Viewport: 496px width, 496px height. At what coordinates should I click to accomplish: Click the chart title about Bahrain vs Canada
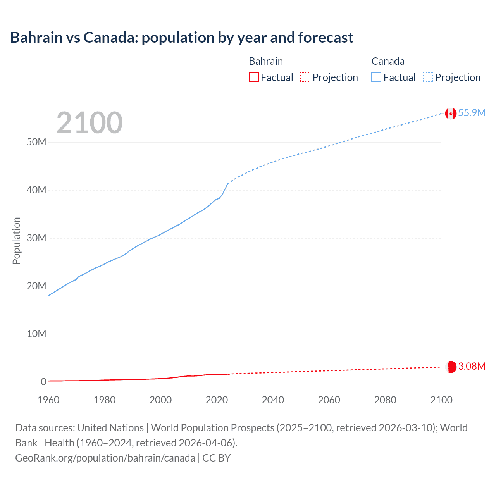pyautogui.click(x=181, y=38)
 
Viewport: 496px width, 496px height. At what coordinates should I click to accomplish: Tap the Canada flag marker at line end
pyautogui.click(x=450, y=113)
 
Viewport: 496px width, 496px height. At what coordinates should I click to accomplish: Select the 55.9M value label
pyautogui.click(x=472, y=113)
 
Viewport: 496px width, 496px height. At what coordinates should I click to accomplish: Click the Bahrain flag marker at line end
pyautogui.click(x=451, y=367)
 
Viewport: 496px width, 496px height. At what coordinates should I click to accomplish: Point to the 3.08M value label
pyautogui.click(x=472, y=366)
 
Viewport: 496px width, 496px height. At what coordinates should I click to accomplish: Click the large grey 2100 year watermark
pyautogui.click(x=90, y=123)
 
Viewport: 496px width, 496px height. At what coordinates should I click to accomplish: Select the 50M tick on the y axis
pyautogui.click(x=36, y=142)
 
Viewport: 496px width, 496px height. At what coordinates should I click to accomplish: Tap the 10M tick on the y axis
pyautogui.click(x=36, y=334)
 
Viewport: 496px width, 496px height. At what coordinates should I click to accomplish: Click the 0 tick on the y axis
pyautogui.click(x=43, y=382)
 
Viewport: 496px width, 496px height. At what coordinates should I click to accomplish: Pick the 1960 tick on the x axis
pyautogui.click(x=48, y=400)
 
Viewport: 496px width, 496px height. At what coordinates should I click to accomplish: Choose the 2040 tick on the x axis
pyautogui.click(x=273, y=400)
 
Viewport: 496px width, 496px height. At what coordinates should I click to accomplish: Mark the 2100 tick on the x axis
pyautogui.click(x=441, y=400)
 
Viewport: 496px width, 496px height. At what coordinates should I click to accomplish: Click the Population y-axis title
pyautogui.click(x=16, y=241)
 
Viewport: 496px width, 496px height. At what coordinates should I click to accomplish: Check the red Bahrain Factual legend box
pyautogui.click(x=253, y=77)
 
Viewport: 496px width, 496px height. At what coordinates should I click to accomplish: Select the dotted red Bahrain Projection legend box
pyautogui.click(x=305, y=77)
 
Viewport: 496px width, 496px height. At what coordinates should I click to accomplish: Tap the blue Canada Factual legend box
pyautogui.click(x=376, y=77)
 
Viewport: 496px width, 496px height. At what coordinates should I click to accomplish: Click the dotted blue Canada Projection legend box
pyautogui.click(x=428, y=77)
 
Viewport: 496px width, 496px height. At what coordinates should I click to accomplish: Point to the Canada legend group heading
pyautogui.click(x=388, y=61)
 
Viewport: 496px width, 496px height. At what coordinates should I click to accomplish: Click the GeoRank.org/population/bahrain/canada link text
pyautogui.click(x=105, y=458)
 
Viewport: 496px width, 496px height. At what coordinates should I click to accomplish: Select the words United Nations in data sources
pyautogui.click(x=110, y=428)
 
